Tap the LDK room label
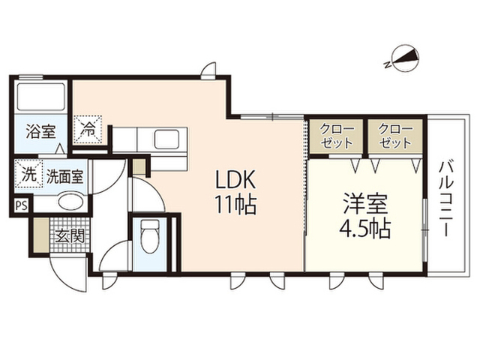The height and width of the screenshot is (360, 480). click(235, 179)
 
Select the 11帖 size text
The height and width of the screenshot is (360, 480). click(235, 204)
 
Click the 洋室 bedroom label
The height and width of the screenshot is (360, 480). click(365, 203)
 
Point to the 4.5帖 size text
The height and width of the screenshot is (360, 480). click(365, 228)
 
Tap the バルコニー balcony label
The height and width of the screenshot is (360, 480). click(447, 199)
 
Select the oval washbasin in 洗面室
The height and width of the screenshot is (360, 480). click(70, 202)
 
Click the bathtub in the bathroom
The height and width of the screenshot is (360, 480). click(41, 97)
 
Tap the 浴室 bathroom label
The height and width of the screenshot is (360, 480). click(40, 131)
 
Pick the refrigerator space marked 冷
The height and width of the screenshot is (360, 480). click(88, 129)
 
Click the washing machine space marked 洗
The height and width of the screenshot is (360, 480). click(28, 175)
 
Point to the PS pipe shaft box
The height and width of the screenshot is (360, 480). click(22, 205)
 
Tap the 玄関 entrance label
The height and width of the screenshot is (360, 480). click(70, 235)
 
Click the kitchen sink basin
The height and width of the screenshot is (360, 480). click(166, 139)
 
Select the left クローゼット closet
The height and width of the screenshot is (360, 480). click(336, 136)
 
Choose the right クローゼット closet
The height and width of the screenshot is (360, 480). click(395, 136)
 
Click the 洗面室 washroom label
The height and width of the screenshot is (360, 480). click(64, 177)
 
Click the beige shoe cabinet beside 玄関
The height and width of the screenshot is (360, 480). click(41, 235)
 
